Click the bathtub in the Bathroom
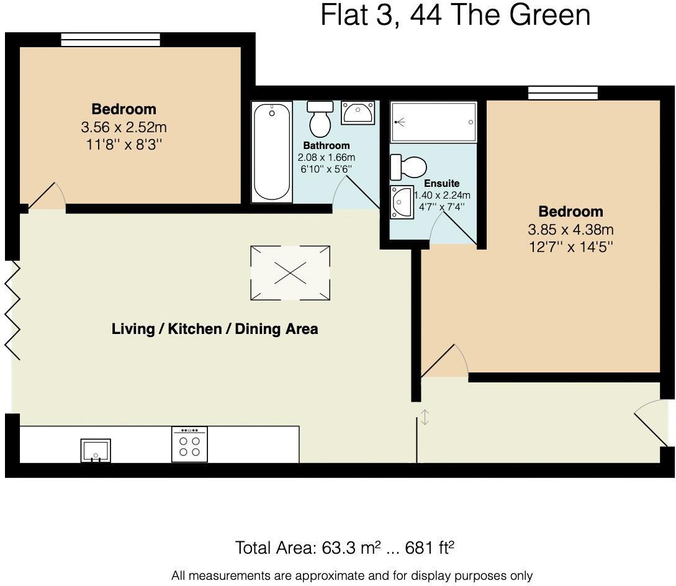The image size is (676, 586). tap(272, 152)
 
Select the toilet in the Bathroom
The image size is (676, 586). tap(320, 119)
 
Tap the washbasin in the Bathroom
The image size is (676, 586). tap(357, 112)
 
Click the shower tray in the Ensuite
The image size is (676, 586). tap(433, 122)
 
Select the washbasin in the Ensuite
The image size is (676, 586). tap(401, 202)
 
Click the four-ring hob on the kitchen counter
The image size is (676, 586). tap(189, 444)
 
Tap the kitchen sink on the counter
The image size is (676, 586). tap(96, 450)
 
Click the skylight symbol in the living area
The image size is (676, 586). tap(290, 273)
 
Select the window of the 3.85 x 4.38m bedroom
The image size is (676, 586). tap(562, 93)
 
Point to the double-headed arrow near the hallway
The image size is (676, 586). tap(425, 417)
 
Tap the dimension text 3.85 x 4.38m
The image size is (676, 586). tap(570, 229)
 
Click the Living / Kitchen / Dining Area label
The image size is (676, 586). tap(214, 329)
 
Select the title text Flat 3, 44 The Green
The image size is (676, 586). tap(455, 15)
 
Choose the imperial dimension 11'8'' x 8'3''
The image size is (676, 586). tap(124, 145)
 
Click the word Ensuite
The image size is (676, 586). tap(441, 184)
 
